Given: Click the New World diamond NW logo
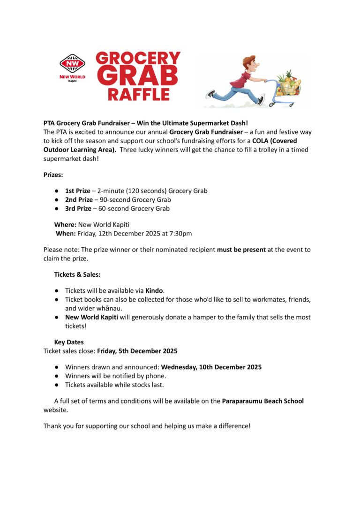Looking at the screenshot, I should (72, 63).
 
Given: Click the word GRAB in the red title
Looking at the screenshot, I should (138, 75).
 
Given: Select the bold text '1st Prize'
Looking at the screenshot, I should (77, 191).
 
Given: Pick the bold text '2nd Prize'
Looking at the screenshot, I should (78, 200).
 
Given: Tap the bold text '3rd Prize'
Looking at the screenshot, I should (78, 208).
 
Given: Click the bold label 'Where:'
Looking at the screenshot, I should (65, 225).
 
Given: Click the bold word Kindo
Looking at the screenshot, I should (154, 291).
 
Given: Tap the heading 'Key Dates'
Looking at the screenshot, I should (68, 342).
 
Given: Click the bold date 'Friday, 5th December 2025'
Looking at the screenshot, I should (137, 351).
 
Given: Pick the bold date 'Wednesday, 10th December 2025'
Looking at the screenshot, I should (211, 367).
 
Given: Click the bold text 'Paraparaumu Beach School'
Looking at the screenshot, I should (262, 401).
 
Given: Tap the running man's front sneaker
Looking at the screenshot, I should (262, 99).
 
